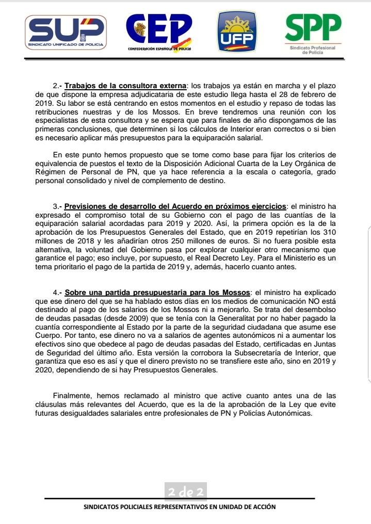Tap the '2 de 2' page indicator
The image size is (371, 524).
click(x=186, y=491)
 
